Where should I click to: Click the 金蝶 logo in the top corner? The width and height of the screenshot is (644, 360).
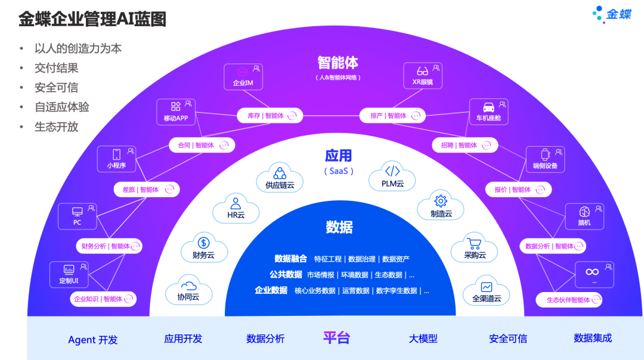point(612,14)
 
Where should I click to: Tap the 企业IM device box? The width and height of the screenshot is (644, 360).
point(243,76)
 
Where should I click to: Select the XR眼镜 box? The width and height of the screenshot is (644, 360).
point(423,76)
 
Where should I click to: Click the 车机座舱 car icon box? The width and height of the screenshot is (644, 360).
point(488,111)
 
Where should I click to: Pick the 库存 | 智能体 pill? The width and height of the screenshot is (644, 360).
point(270,116)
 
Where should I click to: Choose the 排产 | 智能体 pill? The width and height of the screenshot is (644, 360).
point(392,116)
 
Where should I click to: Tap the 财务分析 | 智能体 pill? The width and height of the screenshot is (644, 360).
point(110,246)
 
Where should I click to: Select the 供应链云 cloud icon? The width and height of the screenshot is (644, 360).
point(280,178)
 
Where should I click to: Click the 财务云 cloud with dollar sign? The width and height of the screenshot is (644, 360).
point(203,247)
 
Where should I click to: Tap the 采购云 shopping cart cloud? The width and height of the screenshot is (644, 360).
point(475,248)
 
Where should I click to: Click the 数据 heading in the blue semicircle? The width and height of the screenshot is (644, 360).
point(339,227)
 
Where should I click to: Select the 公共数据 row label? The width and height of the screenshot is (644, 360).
point(286,275)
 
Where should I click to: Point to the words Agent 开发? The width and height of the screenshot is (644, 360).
point(92,340)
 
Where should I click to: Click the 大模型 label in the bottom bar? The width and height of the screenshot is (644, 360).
point(423,339)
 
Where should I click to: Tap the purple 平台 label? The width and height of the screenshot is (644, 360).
point(336,338)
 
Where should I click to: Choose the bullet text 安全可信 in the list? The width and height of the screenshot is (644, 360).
point(56,88)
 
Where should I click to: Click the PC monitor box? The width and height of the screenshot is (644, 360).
point(77,216)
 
